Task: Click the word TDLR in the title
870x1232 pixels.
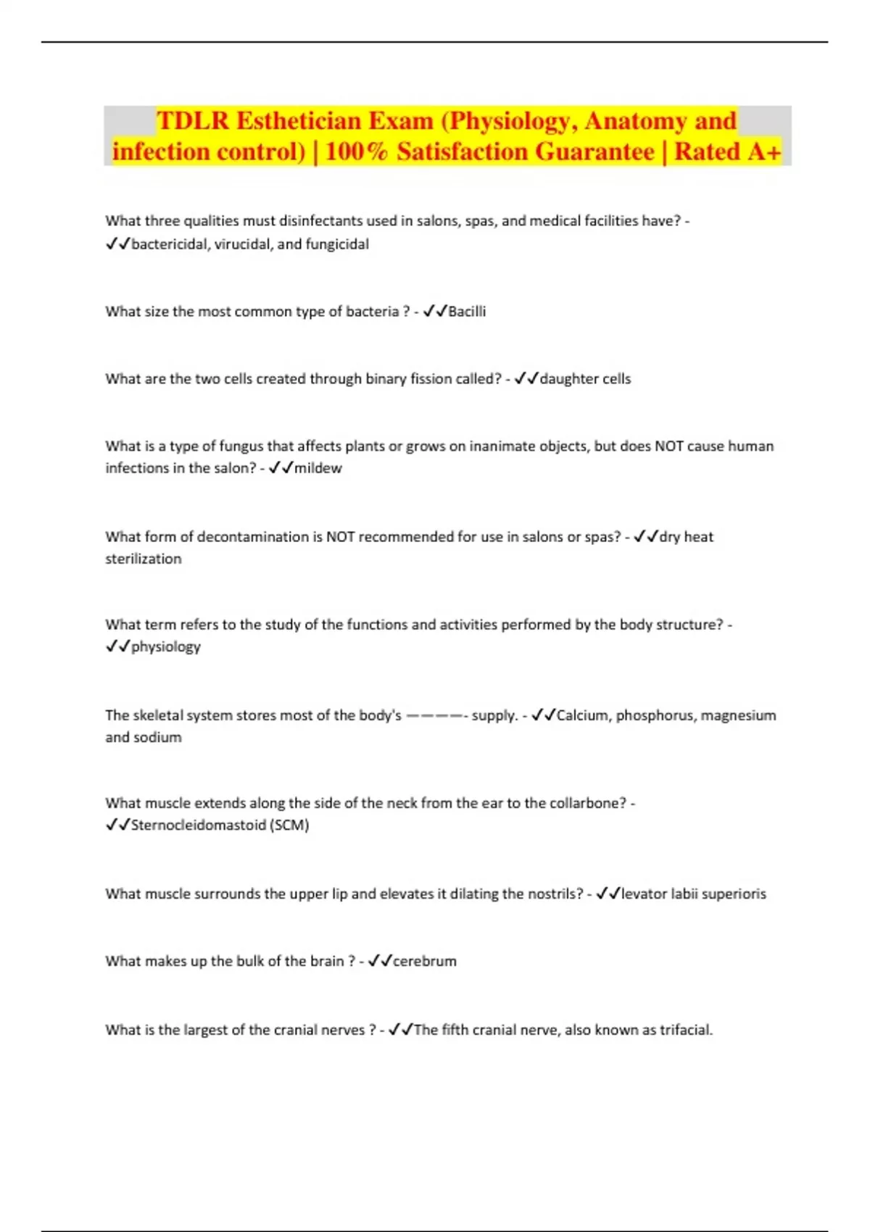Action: click(x=192, y=121)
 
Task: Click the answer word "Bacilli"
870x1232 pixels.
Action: click(x=467, y=312)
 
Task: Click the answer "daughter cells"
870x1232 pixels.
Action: click(x=585, y=379)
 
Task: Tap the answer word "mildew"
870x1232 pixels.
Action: click(x=318, y=468)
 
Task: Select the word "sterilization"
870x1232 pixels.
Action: click(x=144, y=559)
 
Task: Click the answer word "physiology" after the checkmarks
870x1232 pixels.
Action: click(x=165, y=646)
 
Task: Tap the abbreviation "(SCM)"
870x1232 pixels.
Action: click(x=289, y=825)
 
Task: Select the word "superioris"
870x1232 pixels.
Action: click(x=734, y=894)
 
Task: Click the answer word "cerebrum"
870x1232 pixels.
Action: click(x=424, y=961)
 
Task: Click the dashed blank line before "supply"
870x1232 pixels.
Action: click(x=435, y=715)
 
